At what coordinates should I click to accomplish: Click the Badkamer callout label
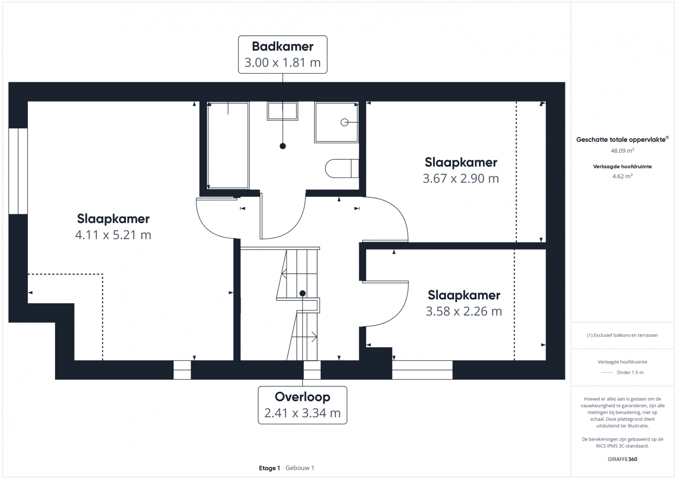283,55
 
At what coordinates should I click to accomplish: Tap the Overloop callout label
302,405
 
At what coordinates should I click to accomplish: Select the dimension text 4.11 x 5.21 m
113,235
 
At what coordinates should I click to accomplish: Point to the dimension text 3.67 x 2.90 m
460,178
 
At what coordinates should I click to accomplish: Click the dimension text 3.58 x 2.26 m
464,311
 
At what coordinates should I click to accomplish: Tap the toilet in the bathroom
342,168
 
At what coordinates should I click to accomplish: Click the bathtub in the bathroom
228,146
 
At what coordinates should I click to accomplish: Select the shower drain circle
344,123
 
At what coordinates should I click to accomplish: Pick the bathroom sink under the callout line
282,111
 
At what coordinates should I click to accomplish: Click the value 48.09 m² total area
622,150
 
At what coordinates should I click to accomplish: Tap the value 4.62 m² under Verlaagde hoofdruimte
622,176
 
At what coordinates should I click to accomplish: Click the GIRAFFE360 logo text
622,459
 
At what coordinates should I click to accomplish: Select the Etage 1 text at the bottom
269,468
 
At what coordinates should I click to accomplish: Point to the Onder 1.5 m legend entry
622,372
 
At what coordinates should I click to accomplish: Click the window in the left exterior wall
18,171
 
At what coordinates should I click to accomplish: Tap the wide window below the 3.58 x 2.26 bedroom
422,370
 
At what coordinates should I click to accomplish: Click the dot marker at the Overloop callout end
302,293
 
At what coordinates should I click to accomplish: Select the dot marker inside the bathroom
283,146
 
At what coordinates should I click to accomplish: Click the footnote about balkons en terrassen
622,335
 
